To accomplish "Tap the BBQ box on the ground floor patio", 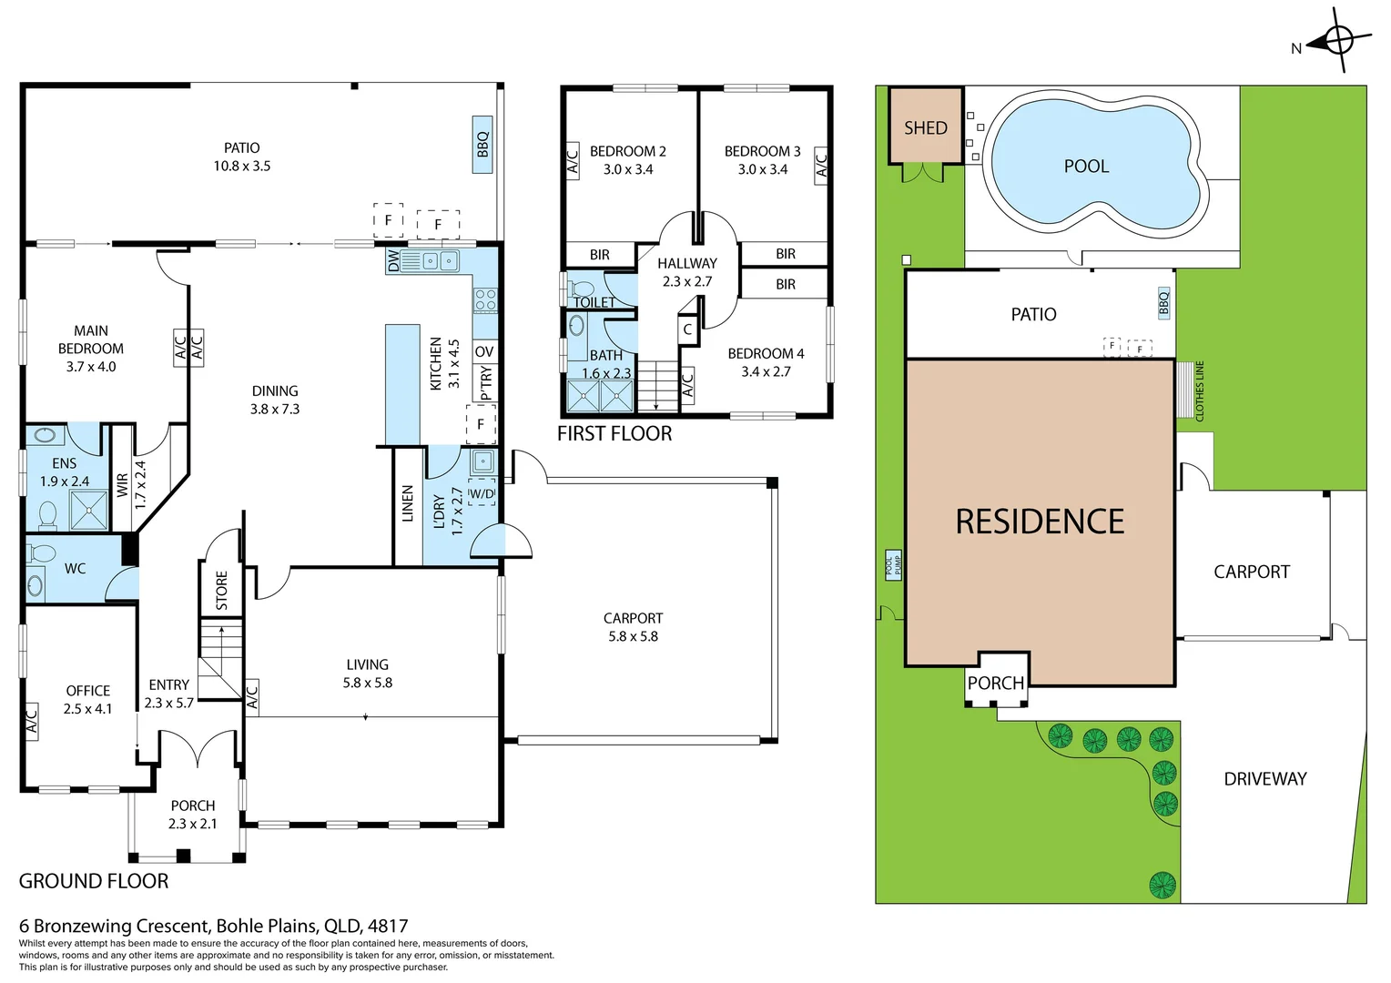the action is (x=482, y=145).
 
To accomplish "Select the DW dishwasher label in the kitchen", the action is (x=393, y=261).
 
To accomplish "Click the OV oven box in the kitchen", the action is (x=484, y=351).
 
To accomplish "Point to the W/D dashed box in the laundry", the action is (x=482, y=492).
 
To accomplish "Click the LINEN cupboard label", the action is (x=407, y=503).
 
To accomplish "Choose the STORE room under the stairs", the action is (x=221, y=589).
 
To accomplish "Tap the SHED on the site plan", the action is (x=925, y=127).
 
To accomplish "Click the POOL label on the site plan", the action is (x=1086, y=167).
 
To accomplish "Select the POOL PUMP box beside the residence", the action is (x=893, y=566).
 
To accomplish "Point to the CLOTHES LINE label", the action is (x=1199, y=391).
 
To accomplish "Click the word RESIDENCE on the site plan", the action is (x=1040, y=522).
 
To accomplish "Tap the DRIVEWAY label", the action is (x=1265, y=779).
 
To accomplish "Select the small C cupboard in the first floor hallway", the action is (x=687, y=329).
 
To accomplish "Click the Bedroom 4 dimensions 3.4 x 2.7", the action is (x=766, y=372).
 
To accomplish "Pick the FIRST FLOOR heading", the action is (x=614, y=433).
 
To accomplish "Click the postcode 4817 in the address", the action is (x=388, y=926).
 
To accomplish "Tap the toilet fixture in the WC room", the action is (x=41, y=552).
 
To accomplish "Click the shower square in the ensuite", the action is (x=89, y=510).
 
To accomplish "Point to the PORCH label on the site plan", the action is (x=995, y=683).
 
